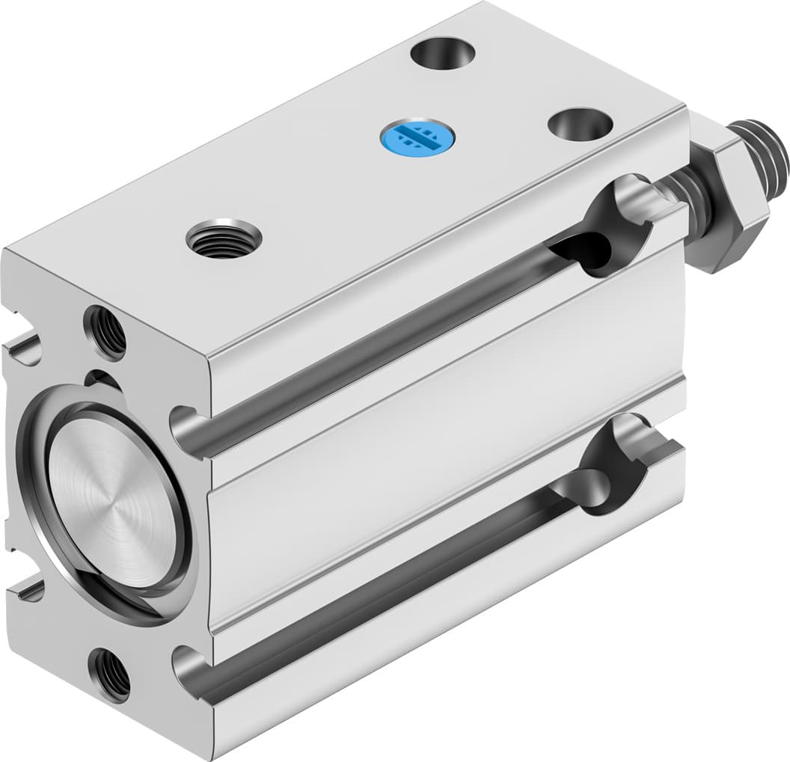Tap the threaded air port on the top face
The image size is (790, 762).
tap(224, 239)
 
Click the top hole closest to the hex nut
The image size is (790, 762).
tap(580, 123)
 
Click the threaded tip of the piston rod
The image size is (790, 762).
tap(767, 153)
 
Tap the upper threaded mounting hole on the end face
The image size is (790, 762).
tap(105, 331)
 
